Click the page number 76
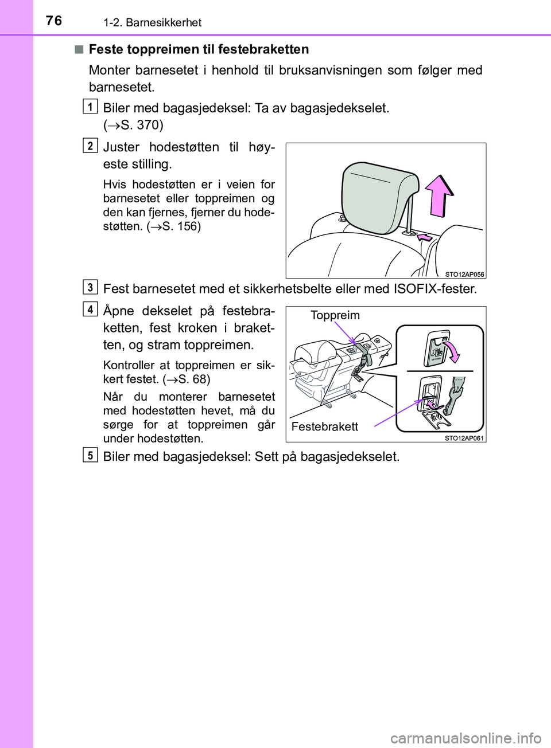click(53, 21)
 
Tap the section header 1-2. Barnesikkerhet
click(152, 22)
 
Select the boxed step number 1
click(90, 107)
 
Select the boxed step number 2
click(90, 146)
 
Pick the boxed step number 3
click(90, 287)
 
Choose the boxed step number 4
click(90, 310)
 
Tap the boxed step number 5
click(90, 455)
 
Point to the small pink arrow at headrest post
click(425, 237)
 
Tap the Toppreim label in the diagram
click(335, 315)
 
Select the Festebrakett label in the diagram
click(325, 426)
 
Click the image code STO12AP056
click(464, 274)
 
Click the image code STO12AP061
click(464, 438)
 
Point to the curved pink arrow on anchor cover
click(454, 350)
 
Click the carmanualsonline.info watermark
click(465, 738)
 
